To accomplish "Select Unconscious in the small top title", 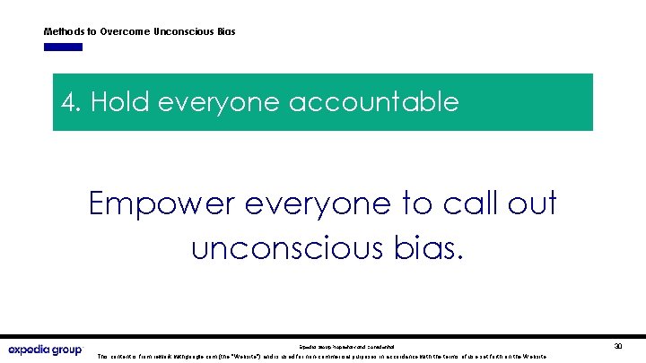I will pyautogui.click(x=184, y=31).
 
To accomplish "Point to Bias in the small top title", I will pyautogui.click(x=225, y=31).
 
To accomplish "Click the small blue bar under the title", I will pyautogui.click(x=64, y=47).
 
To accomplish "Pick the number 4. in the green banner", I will pyautogui.click(x=72, y=102).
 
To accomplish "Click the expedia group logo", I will pyautogui.click(x=45, y=349).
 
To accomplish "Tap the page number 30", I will pyautogui.click(x=618, y=345).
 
